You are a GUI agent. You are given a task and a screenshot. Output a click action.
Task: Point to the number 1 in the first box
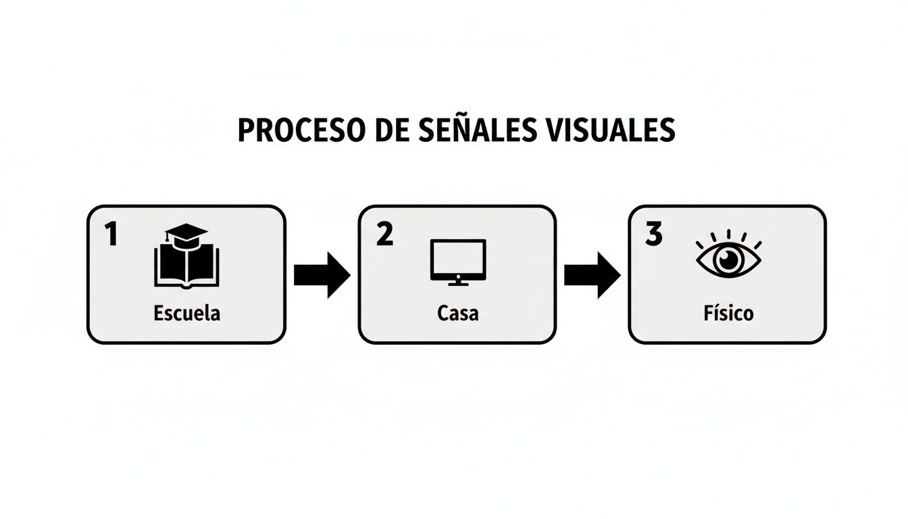click(111, 235)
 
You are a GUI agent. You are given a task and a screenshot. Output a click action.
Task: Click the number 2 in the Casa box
click(384, 235)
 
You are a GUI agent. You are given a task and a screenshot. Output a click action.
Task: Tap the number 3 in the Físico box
click(653, 235)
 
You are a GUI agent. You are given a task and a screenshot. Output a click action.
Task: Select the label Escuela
click(186, 314)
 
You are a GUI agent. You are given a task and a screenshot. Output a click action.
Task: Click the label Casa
click(457, 314)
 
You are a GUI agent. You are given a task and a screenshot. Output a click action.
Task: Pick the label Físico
click(727, 314)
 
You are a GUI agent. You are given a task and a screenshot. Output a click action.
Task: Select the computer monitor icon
click(458, 258)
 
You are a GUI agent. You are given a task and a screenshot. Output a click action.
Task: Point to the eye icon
click(728, 260)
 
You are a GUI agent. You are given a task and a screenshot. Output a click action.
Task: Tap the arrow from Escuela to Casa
click(322, 275)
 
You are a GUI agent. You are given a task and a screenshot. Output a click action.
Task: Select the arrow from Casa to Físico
click(592, 275)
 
